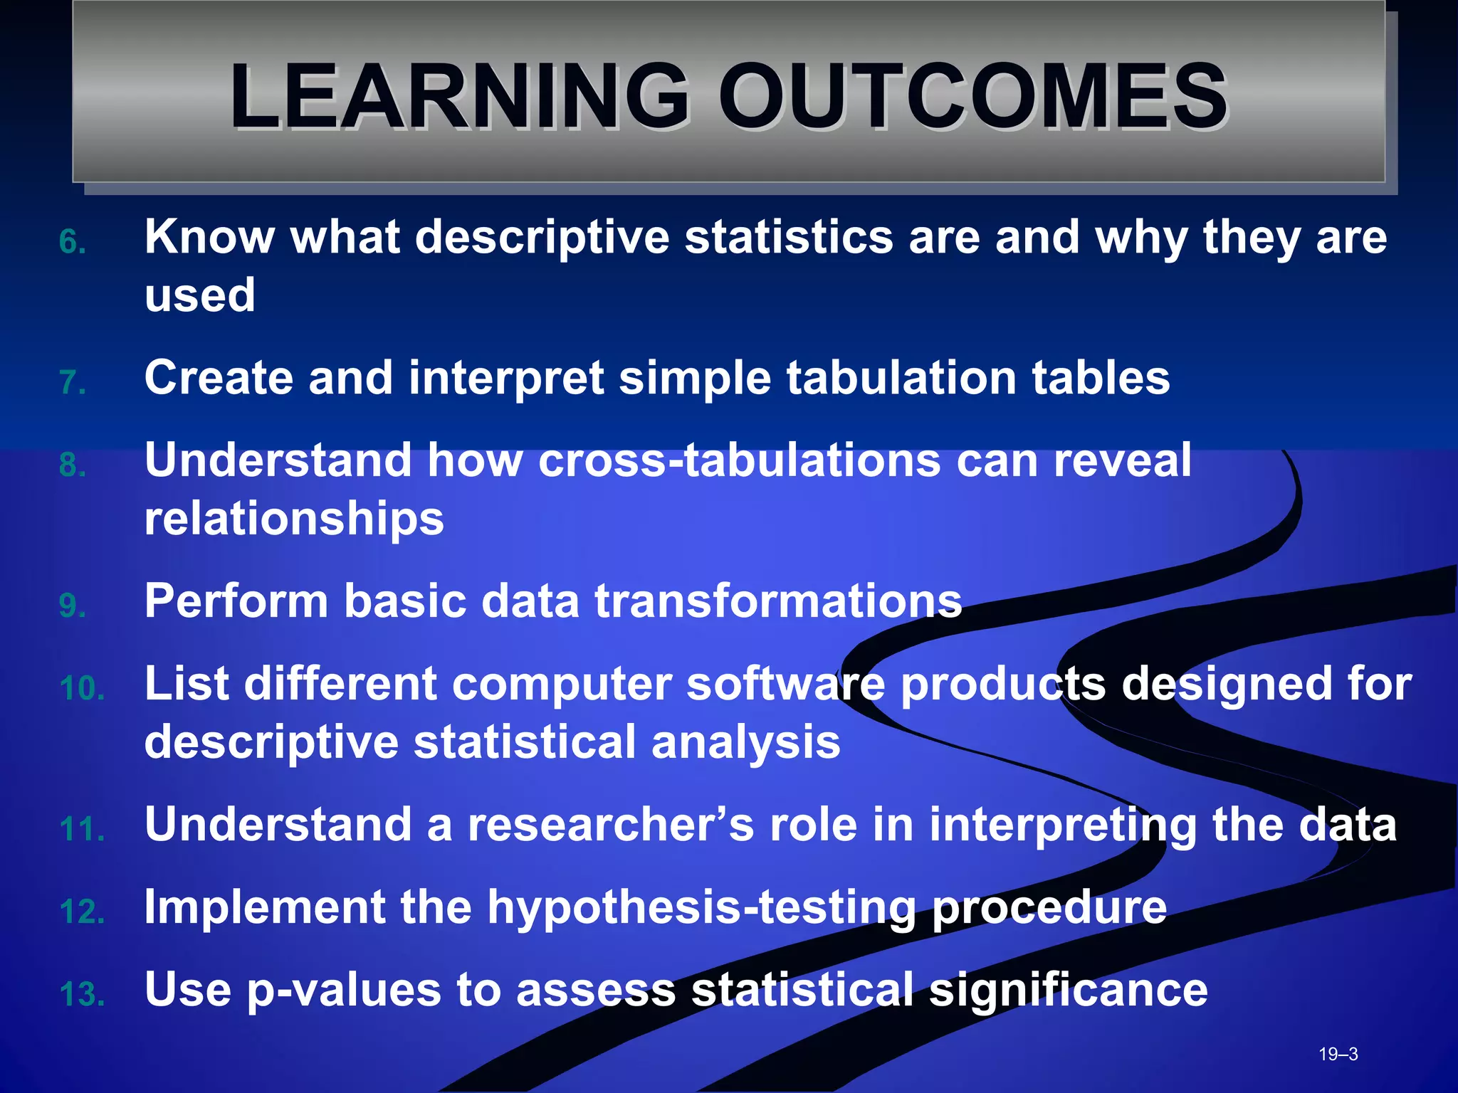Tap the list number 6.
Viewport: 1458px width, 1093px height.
[73, 242]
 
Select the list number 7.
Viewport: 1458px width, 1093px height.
[73, 383]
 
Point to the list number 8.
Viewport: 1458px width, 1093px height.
[73, 465]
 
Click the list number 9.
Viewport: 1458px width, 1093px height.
[73, 606]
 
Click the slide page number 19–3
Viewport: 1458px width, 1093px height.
[1338, 1054]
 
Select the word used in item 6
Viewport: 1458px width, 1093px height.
[200, 295]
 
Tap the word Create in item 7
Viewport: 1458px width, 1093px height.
[219, 377]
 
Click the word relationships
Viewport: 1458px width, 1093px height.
[294, 518]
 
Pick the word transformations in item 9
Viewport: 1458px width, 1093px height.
[778, 601]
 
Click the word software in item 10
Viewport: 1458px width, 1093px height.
[786, 684]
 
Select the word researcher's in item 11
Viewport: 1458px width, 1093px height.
[610, 825]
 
